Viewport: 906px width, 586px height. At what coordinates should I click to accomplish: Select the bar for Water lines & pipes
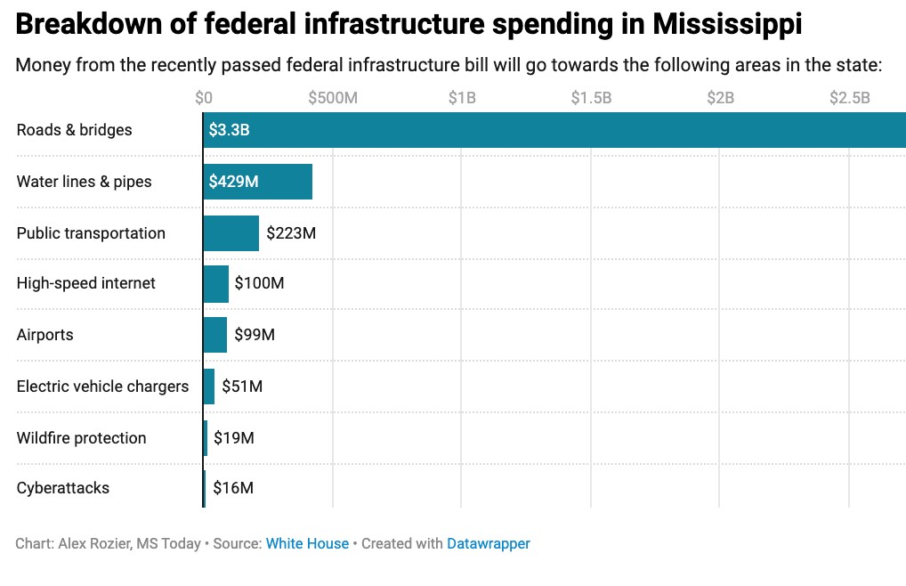tap(257, 182)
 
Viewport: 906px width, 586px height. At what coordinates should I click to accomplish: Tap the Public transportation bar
tap(231, 233)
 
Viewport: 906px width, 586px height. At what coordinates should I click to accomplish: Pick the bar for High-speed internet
tap(215, 283)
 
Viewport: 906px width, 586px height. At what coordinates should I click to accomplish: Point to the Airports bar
tap(214, 335)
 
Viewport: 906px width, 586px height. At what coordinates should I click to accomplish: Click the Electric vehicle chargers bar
tap(208, 387)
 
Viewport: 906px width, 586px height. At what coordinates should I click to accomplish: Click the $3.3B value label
tap(229, 130)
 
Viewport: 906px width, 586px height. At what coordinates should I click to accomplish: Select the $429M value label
tap(233, 182)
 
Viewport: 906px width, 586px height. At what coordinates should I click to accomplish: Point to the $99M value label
tap(255, 335)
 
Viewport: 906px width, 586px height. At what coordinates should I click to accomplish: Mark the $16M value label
tap(233, 488)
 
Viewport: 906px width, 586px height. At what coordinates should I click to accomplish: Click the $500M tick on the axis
tap(333, 98)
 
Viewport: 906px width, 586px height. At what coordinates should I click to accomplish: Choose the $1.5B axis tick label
tap(591, 98)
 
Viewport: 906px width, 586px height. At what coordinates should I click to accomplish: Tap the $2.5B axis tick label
tap(849, 98)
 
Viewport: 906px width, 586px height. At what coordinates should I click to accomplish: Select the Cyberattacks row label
tap(63, 488)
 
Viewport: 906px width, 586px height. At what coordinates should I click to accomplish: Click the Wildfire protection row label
tap(81, 438)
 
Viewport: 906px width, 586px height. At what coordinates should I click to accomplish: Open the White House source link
tap(307, 543)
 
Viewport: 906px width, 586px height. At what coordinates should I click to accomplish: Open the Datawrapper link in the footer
tap(489, 543)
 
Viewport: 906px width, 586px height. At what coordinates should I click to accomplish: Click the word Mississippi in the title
tap(727, 24)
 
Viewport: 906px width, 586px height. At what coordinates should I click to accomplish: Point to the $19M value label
tap(234, 438)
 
